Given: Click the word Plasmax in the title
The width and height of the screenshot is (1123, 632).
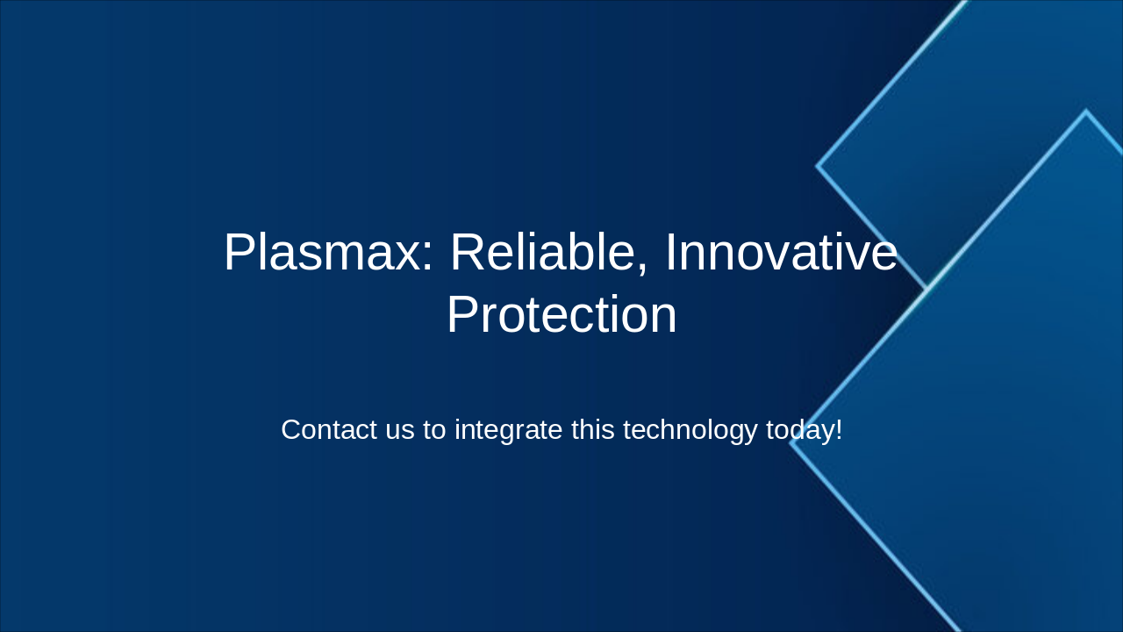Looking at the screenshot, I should click(x=319, y=253).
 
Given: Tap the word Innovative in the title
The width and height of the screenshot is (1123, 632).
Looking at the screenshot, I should click(x=781, y=253).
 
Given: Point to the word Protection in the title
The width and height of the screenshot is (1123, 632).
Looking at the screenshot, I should click(x=561, y=315).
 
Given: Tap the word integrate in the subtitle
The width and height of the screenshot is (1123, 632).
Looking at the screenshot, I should click(x=509, y=430).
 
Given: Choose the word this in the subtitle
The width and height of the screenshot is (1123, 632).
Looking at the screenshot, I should click(x=595, y=430).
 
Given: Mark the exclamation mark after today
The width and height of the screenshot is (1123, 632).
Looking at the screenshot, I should click(x=839, y=430).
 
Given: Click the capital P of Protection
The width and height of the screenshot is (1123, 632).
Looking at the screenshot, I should click(x=461, y=315).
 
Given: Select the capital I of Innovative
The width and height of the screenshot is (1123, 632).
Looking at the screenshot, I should click(x=670, y=253).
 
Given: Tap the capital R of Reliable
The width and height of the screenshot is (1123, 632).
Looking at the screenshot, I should click(x=467, y=253).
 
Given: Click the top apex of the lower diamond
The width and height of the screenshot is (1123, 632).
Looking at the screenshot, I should click(x=1085, y=111).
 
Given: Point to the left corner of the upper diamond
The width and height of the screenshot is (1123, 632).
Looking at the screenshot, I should click(x=818, y=165).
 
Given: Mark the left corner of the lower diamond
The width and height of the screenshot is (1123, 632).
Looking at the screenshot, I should click(x=790, y=442).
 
